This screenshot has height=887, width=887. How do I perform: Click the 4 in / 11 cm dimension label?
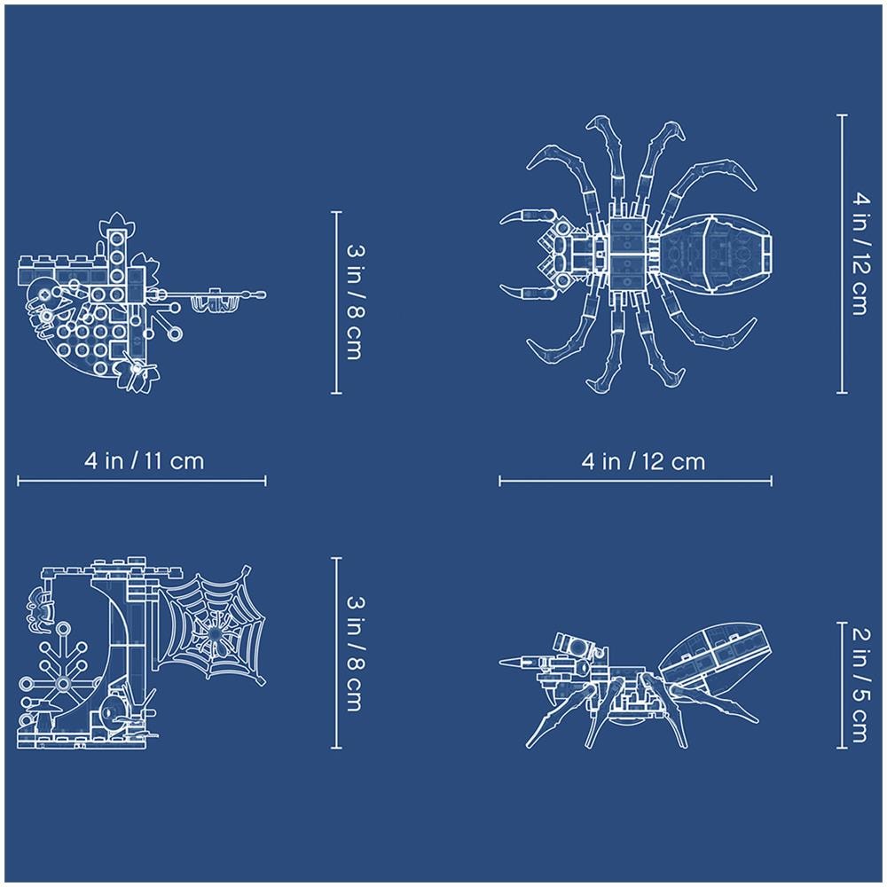coord(145,461)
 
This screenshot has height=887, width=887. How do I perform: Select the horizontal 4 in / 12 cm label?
coord(643,461)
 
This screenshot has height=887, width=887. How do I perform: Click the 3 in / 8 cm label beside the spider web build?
coord(355,654)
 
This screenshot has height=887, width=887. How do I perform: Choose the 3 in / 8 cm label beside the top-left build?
coord(355,302)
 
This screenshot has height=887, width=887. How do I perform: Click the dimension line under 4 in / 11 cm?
coord(141,481)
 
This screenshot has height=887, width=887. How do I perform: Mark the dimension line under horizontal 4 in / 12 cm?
coord(635,482)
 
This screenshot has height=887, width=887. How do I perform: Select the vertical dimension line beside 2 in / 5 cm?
coord(842,685)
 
